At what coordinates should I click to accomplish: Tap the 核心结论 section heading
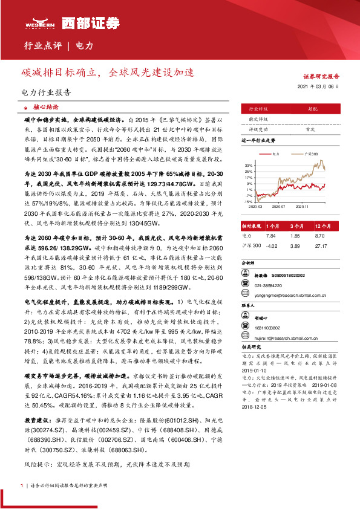(46, 105)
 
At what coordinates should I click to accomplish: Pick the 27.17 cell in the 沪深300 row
(321, 245)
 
